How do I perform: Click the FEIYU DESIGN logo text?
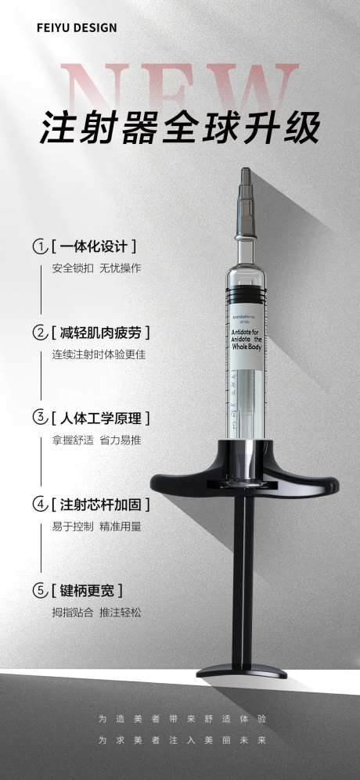pyautogui.click(x=77, y=28)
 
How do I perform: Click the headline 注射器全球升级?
pyautogui.click(x=180, y=130)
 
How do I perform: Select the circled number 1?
pyautogui.click(x=39, y=246)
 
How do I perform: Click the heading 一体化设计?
pyautogui.click(x=94, y=246)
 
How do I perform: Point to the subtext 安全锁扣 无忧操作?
pyautogui.click(x=96, y=268)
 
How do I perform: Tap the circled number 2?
pyautogui.click(x=39, y=332)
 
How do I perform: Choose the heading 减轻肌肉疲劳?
pyautogui.click(x=100, y=332)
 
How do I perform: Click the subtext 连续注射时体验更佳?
pyautogui.click(x=99, y=354)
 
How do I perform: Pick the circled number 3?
pyautogui.click(x=39, y=418)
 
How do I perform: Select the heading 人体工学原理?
pyautogui.click(x=100, y=418)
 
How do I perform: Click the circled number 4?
pyautogui.click(x=39, y=504)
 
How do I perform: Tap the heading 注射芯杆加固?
pyautogui.click(x=100, y=504)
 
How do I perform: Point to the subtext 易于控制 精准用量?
pyautogui.click(x=96, y=527)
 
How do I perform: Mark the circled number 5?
pyautogui.click(x=39, y=590)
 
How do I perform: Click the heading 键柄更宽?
pyautogui.click(x=88, y=590)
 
